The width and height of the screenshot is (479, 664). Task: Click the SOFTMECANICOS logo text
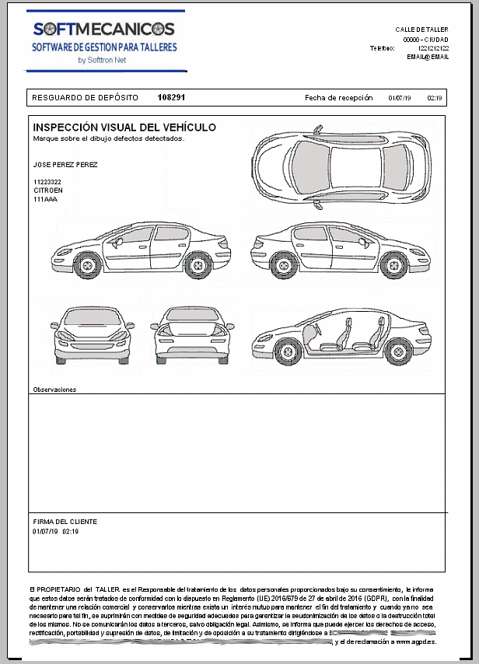point(104,30)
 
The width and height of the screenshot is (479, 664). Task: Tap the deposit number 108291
point(171,98)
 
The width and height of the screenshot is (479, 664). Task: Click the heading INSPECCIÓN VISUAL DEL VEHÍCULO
point(124,128)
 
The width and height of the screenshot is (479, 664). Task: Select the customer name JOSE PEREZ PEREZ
point(65,165)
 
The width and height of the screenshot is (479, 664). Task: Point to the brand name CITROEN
point(48,190)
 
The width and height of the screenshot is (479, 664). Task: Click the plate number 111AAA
point(45,199)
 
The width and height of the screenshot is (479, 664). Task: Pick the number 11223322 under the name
point(47,182)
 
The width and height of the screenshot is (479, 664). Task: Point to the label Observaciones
point(54,389)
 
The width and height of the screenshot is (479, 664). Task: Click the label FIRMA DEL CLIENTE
point(65,522)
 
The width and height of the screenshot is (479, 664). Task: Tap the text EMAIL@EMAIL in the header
point(428,57)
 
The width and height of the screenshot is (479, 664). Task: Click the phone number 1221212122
point(433,48)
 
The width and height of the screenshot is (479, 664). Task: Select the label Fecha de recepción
point(334,98)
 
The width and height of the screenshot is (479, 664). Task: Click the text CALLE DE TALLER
point(421,30)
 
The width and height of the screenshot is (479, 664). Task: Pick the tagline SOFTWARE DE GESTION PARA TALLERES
point(104,47)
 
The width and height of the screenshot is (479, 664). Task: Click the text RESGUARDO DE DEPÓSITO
point(85,98)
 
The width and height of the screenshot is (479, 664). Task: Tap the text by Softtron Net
point(102,60)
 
